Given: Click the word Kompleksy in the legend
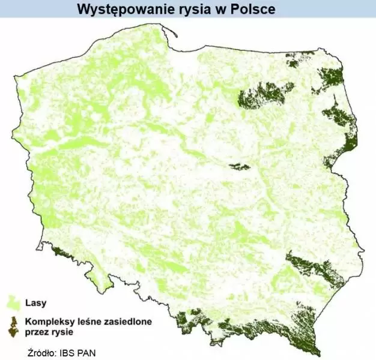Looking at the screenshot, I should click(x=50, y=322).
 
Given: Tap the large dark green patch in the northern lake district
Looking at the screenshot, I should click(x=264, y=95).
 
